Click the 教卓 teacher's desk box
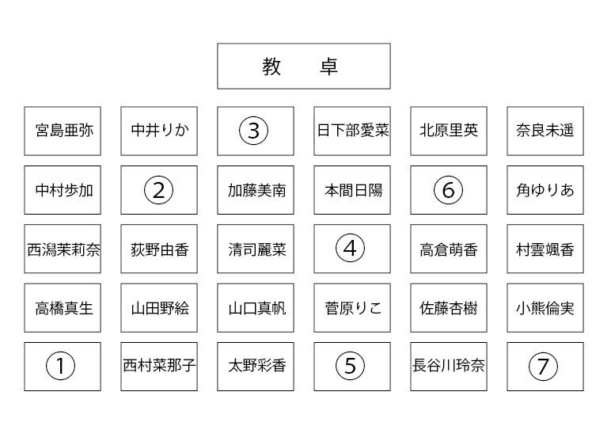pyautogui.click(x=304, y=67)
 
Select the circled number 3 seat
pyautogui.click(x=255, y=131)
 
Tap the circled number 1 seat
pyautogui.click(x=63, y=367)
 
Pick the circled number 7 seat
pyautogui.click(x=545, y=367)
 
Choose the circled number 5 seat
pyautogui.click(x=352, y=367)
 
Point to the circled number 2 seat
pyautogui.click(x=159, y=190)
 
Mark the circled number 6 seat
pyautogui.click(x=449, y=190)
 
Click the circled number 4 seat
pyautogui.click(x=352, y=249)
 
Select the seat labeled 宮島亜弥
pyautogui.click(x=63, y=131)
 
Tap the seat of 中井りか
pyautogui.click(x=159, y=131)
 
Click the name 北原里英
pyautogui.click(x=449, y=131)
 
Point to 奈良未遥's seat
pyautogui.click(x=545, y=131)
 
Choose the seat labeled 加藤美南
pyautogui.click(x=255, y=190)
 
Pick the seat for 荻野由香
pyautogui.click(x=159, y=249)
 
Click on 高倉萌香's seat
pyautogui.click(x=449, y=249)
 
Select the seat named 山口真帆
pyautogui.click(x=255, y=308)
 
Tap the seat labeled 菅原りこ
pyautogui.click(x=352, y=308)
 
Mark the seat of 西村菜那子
pyautogui.click(x=159, y=367)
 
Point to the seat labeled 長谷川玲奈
pyautogui.click(x=449, y=367)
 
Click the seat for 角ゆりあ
pyautogui.click(x=545, y=190)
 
